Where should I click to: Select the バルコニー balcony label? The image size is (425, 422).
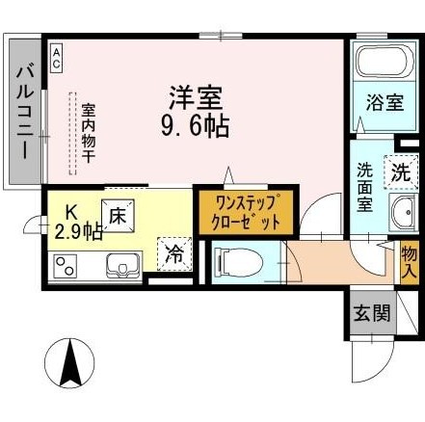[x=26, y=111]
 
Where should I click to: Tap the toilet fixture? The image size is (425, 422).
[x=238, y=261]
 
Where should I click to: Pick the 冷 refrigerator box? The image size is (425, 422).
[x=174, y=256]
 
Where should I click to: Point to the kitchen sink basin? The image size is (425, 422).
[x=122, y=264]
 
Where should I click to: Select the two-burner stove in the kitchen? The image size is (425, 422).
[x=66, y=264]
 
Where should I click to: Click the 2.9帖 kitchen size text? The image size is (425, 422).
[x=79, y=231]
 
